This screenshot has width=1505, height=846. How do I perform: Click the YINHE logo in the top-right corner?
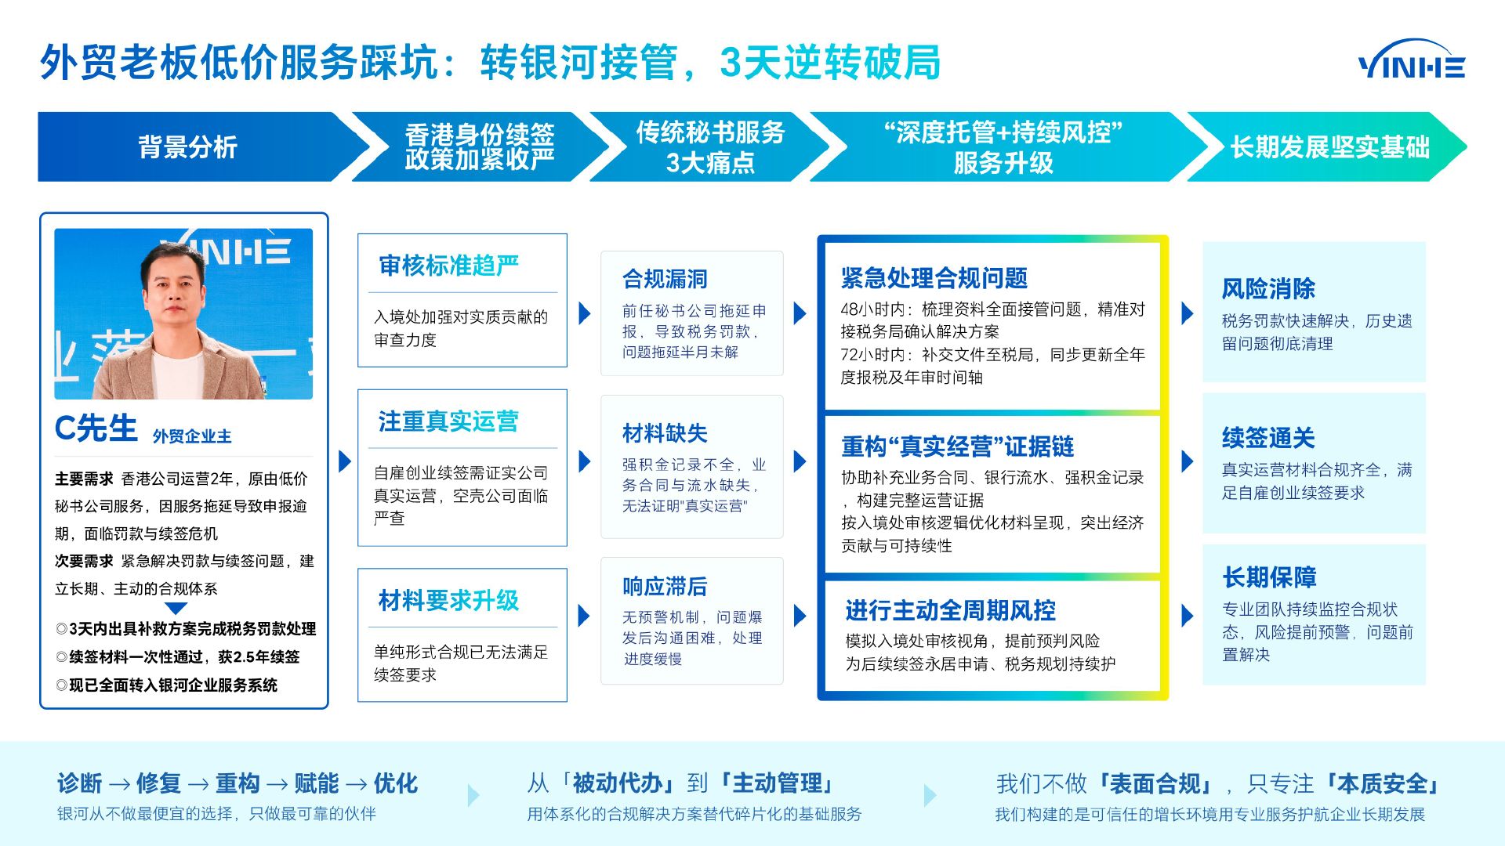click(1411, 61)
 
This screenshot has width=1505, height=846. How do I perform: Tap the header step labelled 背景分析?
click(188, 147)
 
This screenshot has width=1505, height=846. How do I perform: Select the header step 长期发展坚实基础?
click(1329, 147)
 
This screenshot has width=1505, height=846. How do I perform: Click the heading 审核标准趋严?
click(448, 266)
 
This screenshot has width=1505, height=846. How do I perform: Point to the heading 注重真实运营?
click(448, 421)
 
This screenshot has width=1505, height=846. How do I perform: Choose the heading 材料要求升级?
click(448, 601)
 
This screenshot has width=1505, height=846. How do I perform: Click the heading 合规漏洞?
click(665, 279)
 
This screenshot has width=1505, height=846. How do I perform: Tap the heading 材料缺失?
click(665, 433)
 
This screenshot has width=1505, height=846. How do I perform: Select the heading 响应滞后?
click(665, 587)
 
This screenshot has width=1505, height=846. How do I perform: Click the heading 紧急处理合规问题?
click(934, 278)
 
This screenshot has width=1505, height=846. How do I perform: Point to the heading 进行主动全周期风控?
click(950, 610)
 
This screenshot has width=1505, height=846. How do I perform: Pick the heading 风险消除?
click(1268, 289)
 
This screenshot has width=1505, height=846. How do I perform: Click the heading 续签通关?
click(1268, 438)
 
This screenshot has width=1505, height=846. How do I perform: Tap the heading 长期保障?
click(1269, 577)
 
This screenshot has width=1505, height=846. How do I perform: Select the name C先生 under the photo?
click(96, 429)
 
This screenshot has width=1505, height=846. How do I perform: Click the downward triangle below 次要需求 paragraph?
click(176, 609)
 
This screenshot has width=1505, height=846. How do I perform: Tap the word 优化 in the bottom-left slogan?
click(396, 783)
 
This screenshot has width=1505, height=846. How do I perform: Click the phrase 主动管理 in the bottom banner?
click(777, 783)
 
